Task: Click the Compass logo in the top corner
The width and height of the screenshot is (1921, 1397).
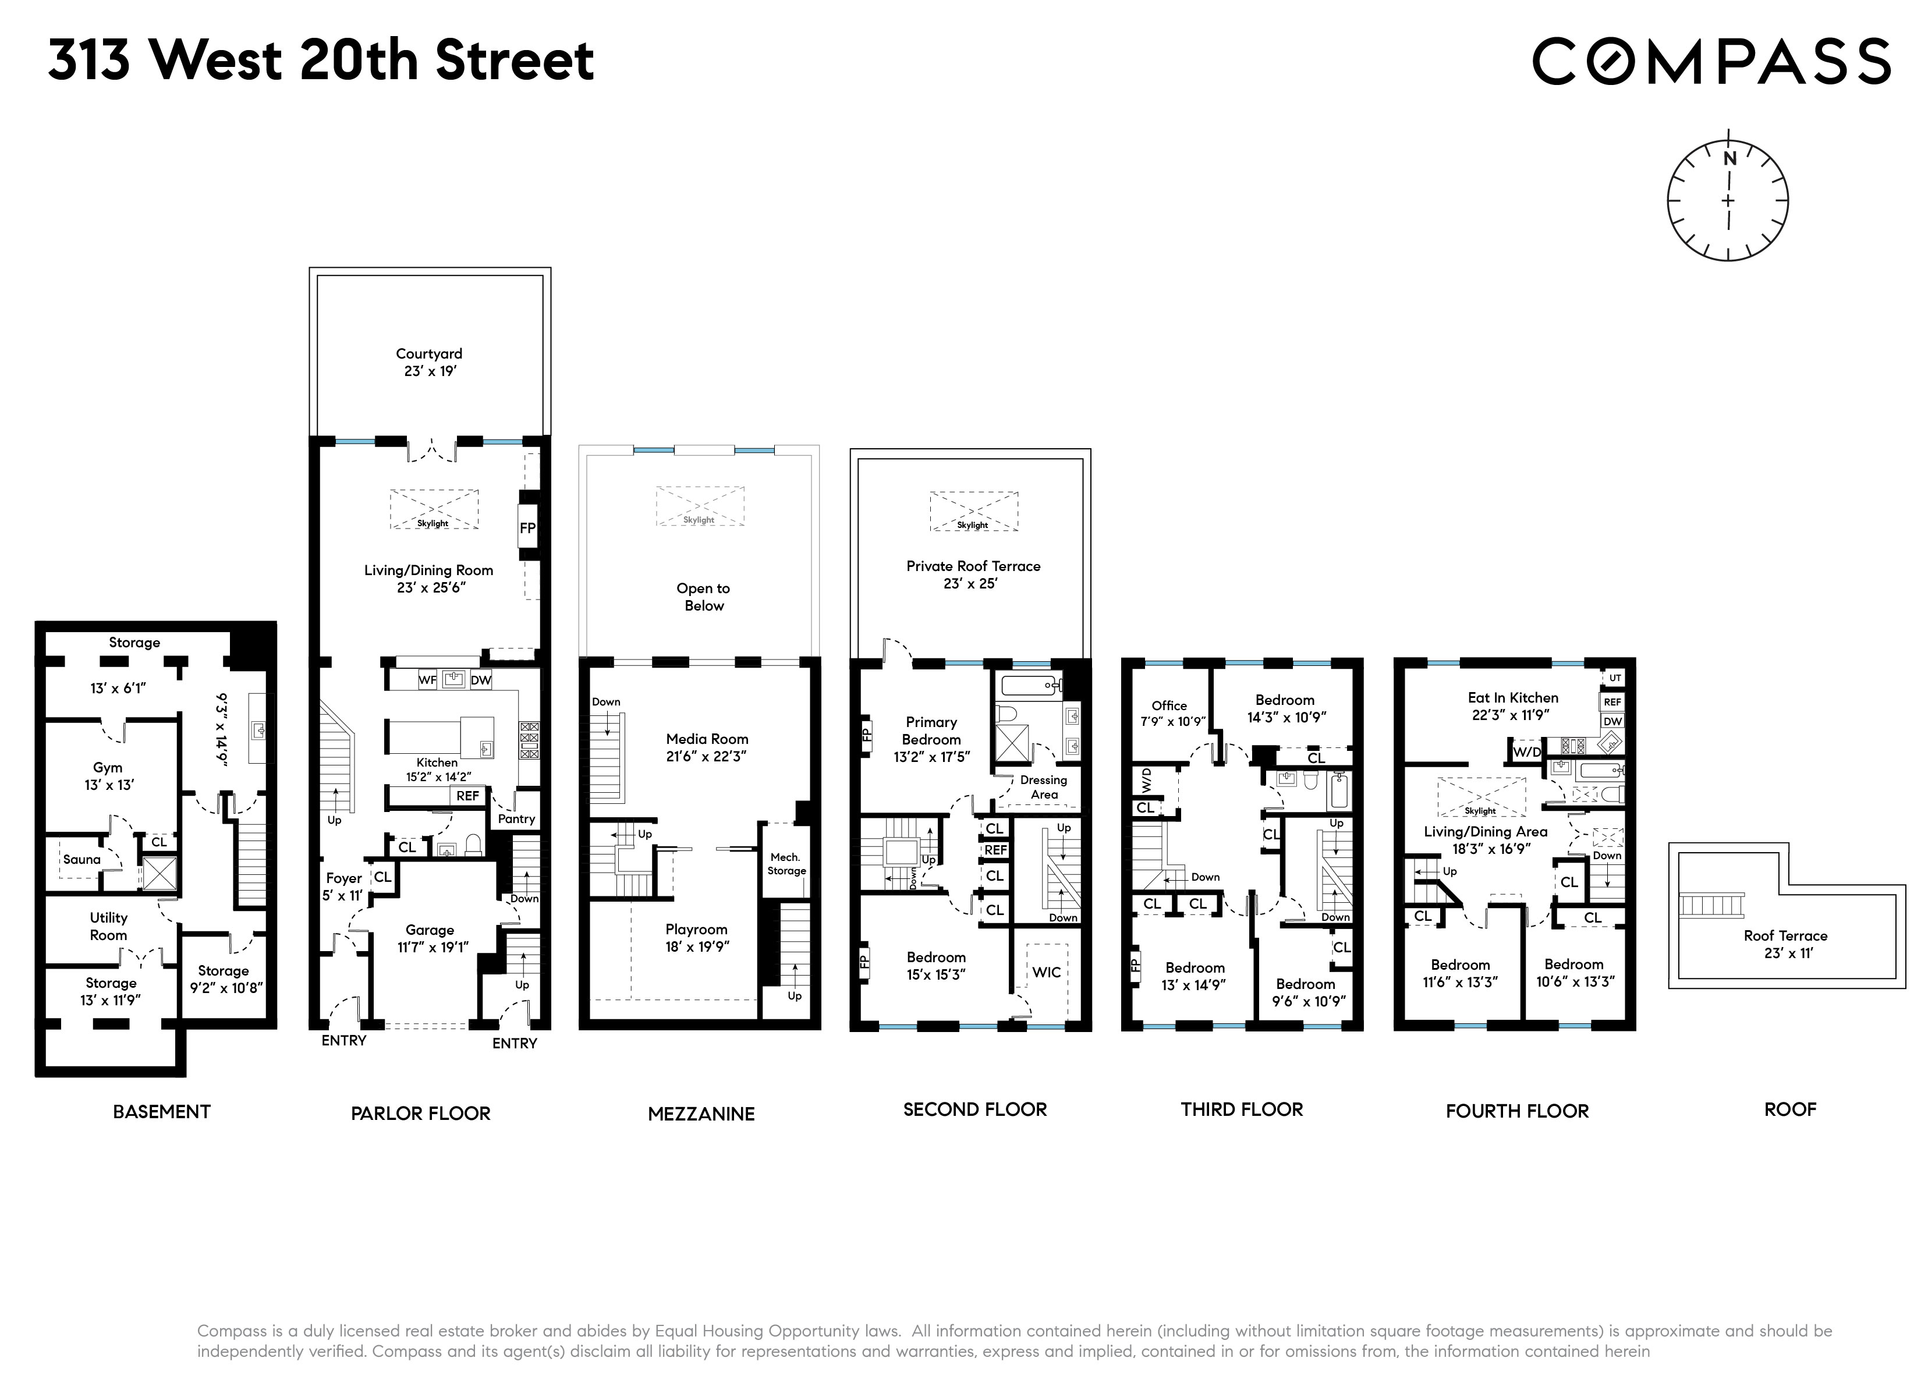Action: pos(1711,61)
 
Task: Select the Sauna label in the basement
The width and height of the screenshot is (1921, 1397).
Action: pos(81,859)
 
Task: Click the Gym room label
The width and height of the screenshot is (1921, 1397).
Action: pos(108,768)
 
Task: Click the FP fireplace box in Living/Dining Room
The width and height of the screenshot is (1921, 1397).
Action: pos(527,528)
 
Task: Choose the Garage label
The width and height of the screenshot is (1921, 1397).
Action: pos(430,930)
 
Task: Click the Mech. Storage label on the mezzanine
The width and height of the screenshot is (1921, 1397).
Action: pos(786,863)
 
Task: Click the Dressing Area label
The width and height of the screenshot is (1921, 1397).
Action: pos(1044,787)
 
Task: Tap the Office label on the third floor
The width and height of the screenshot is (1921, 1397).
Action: pos(1169,705)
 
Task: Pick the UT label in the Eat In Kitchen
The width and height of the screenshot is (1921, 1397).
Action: pos(1614,678)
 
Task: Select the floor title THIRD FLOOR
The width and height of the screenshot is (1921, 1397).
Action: pos(1242,1110)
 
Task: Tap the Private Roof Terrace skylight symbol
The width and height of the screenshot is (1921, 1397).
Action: pos(973,512)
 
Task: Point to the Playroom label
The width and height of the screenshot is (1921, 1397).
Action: pos(696,930)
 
